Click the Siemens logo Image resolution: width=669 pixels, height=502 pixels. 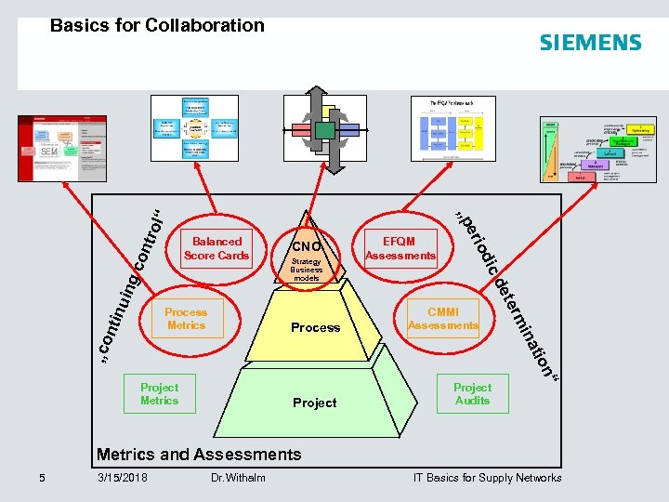(x=590, y=43)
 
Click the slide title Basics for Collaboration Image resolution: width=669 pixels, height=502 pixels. (x=157, y=26)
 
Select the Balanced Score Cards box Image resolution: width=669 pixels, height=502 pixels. (x=216, y=248)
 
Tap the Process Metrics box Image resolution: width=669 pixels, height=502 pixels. (x=186, y=319)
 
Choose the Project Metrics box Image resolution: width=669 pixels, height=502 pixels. (x=159, y=394)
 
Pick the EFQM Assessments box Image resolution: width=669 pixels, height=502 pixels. (x=400, y=248)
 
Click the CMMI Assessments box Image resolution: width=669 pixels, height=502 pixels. (x=443, y=319)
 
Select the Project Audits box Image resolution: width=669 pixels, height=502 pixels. (x=472, y=394)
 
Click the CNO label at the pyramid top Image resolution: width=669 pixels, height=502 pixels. (x=307, y=247)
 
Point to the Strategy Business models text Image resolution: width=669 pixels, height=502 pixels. (x=307, y=270)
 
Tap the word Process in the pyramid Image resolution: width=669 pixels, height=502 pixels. (x=315, y=327)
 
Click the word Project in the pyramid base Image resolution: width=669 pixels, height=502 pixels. (x=315, y=403)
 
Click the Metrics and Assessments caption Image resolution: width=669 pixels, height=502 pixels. (x=199, y=455)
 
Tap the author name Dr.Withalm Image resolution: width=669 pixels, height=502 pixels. (x=238, y=478)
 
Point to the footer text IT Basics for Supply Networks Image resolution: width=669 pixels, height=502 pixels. (x=487, y=478)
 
